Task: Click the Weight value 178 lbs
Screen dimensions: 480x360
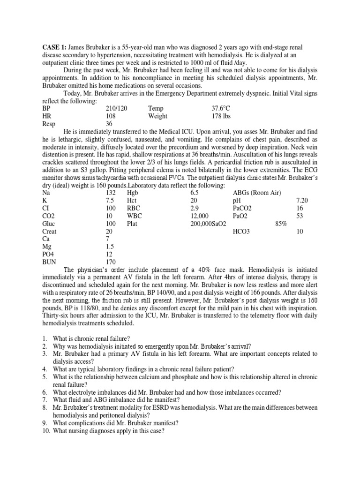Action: pos(221,116)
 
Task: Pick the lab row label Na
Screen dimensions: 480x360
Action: pos(46,193)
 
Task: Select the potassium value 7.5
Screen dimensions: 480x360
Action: pos(111,201)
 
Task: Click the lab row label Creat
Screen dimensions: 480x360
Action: pos(50,231)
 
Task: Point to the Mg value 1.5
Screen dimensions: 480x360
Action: pos(111,247)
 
